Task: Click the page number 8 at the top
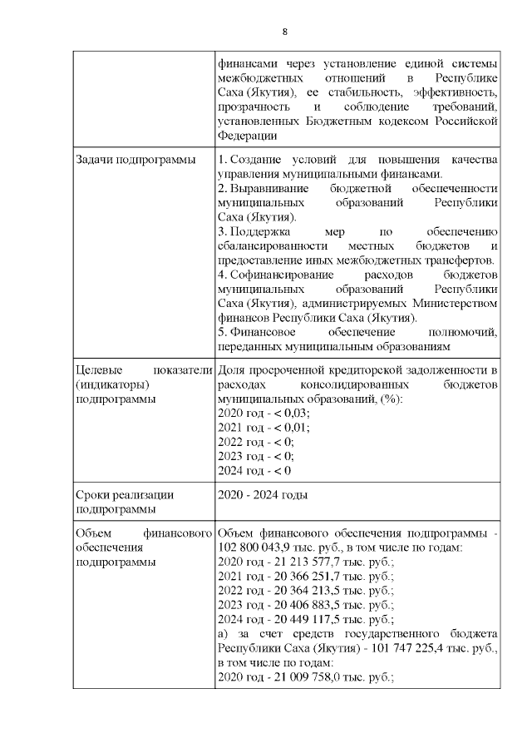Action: point(284,32)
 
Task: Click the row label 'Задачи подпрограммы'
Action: point(124,160)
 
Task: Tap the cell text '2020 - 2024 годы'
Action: point(262,495)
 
